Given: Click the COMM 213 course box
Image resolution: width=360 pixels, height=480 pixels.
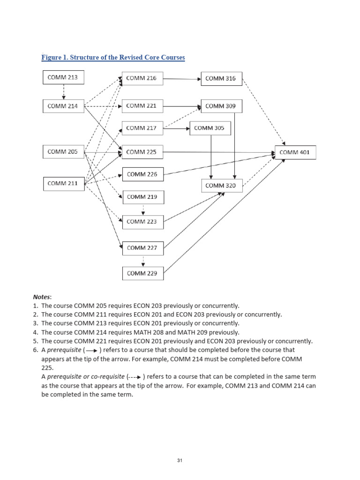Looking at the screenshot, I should pyautogui.click(x=63, y=77).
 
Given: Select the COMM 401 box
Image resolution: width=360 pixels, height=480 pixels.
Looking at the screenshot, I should pyautogui.click(x=295, y=152).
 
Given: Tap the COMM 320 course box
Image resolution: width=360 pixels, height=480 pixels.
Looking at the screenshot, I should pyautogui.click(x=222, y=186).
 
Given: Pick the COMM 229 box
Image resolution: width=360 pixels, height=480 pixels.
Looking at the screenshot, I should pyautogui.click(x=143, y=273).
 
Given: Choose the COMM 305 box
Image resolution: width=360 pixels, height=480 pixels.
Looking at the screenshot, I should pyautogui.click(x=210, y=128).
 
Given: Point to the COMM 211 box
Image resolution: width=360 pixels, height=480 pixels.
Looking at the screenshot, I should pyautogui.click(x=63, y=183).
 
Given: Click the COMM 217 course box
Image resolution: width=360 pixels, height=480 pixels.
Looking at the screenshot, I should pyautogui.click(x=142, y=128).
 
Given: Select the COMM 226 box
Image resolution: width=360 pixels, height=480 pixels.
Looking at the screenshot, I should pyautogui.click(x=142, y=174).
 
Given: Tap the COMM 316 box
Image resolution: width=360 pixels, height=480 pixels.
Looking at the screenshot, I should pyautogui.click(x=221, y=78).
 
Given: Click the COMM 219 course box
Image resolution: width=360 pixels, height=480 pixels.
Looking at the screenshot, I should pyautogui.click(x=142, y=197).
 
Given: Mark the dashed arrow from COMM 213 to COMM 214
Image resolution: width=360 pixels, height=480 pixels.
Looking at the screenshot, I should pyautogui.click(x=63, y=92).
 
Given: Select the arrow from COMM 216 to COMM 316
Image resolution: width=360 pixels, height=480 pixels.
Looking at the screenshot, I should pyautogui.click(x=182, y=79).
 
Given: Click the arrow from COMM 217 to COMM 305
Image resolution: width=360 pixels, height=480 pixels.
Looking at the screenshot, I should pyautogui.click(x=176, y=128).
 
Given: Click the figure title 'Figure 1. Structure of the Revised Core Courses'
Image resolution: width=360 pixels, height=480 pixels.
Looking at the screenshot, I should pyautogui.click(x=113, y=58).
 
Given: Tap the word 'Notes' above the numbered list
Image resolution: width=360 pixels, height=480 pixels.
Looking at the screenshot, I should pyautogui.click(x=43, y=297).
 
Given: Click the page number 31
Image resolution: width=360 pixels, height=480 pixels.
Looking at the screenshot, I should pyautogui.click(x=180, y=460).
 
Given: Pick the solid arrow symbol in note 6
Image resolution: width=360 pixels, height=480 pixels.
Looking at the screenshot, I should pyautogui.click(x=91, y=350).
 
